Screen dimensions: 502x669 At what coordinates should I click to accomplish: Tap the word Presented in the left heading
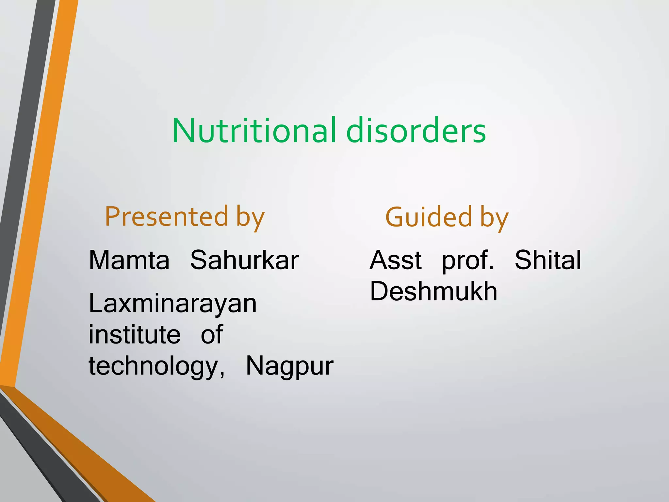(166, 217)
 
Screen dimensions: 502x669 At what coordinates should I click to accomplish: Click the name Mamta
(129, 260)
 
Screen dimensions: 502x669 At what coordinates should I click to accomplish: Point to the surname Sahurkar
(244, 260)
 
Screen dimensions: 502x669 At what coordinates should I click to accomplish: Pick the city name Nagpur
(289, 366)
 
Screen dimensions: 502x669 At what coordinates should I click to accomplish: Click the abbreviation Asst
(396, 260)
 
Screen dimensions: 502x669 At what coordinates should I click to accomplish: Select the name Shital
(548, 260)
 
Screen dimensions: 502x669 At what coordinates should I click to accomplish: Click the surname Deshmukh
(433, 291)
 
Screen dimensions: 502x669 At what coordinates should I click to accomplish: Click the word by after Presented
(250, 218)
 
